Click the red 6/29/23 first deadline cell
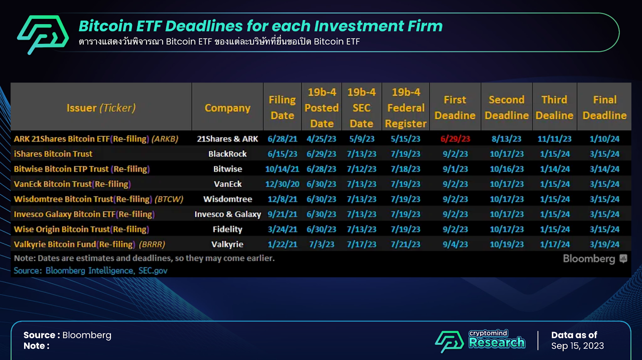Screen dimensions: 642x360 pos(455,139)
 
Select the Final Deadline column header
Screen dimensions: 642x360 pos(604,108)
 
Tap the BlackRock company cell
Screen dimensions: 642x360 pos(227,154)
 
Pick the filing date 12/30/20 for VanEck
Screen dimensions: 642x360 pos(282,184)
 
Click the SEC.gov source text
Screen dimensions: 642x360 pos(153,271)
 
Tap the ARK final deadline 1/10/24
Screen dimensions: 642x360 pos(604,139)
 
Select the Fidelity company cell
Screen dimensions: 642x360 pos(227,229)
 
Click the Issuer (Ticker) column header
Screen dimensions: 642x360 pos(101,108)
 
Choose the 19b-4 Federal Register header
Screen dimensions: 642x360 pos(406,108)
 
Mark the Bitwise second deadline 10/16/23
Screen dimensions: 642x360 pos(506,169)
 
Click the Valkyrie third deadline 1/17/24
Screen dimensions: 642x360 pos(555,244)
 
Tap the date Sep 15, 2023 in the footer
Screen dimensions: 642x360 pos(577,346)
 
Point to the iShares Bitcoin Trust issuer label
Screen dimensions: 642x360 pos(53,154)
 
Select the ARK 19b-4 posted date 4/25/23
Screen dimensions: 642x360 pos(321,139)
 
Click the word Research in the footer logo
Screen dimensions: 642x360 pos(497,342)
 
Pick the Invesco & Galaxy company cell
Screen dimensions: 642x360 pos(228,214)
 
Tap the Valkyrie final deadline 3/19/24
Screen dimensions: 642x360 pos(604,244)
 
